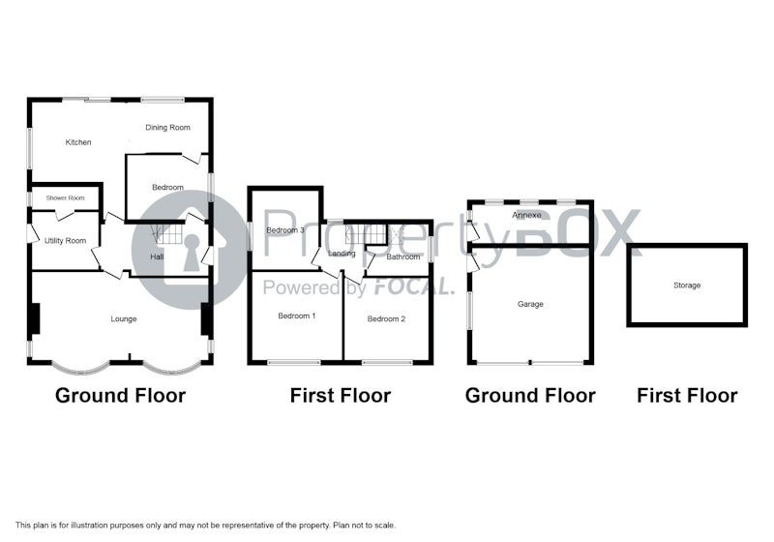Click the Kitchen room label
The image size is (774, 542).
click(78, 142)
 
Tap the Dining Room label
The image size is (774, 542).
click(167, 128)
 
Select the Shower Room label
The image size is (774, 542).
click(65, 198)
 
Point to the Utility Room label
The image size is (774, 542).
click(65, 241)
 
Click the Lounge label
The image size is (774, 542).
click(124, 319)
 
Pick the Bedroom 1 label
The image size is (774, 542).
click(297, 316)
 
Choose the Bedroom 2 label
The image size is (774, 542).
click(386, 319)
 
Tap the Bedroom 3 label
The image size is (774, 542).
click(285, 230)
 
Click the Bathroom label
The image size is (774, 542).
click(403, 256)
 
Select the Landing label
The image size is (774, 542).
click(342, 254)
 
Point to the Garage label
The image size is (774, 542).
click(530, 304)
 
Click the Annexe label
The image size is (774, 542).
click(526, 215)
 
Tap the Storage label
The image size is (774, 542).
click(687, 286)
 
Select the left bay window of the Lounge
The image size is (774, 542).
click(80, 369)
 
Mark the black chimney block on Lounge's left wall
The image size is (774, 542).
click(34, 318)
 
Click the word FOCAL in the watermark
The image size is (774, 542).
click(414, 286)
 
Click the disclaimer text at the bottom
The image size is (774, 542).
click(205, 526)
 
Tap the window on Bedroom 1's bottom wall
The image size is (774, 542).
click(294, 363)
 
